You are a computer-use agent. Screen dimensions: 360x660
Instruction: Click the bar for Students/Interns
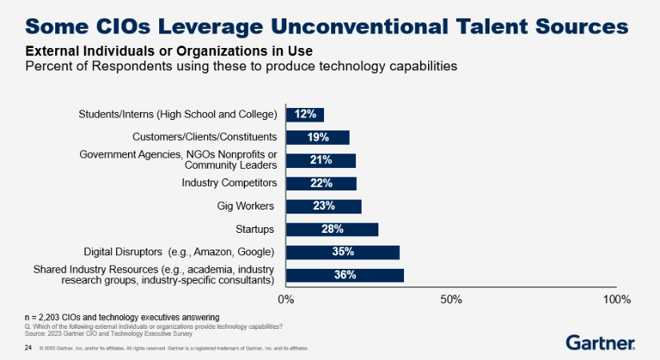coord(305,114)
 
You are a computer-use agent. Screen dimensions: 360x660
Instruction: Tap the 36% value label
coord(345,275)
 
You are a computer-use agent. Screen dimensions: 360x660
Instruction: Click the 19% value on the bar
coord(318,138)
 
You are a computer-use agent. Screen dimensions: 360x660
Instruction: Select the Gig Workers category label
coord(246,206)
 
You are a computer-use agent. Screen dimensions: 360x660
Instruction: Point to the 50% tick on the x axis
coord(451,300)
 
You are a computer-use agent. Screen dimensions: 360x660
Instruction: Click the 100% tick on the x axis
coord(617,300)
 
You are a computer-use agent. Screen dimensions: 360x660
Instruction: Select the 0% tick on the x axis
coord(286,300)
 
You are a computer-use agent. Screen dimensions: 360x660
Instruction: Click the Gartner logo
coord(601,342)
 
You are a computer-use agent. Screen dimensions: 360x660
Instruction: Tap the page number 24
coord(28,349)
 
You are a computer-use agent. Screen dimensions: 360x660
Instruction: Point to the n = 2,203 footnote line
coord(122,318)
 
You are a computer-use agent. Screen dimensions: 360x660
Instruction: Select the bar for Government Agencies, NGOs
coord(320,161)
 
